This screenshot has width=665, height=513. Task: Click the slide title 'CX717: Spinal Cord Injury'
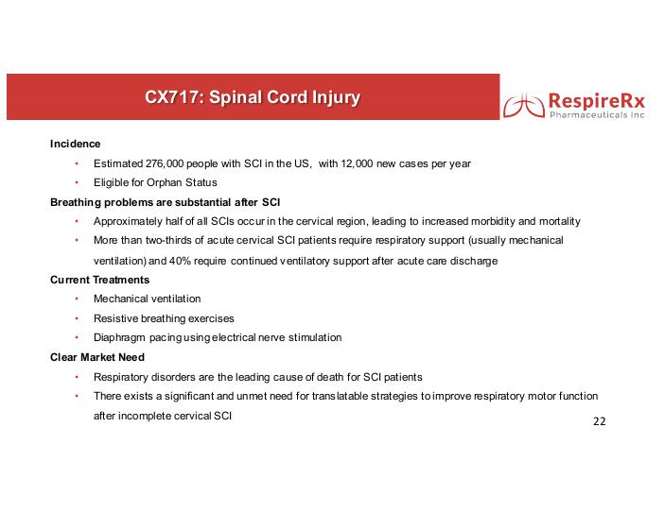253,97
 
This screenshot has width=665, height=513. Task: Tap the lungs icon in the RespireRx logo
524,105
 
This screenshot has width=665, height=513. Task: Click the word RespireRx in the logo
597,101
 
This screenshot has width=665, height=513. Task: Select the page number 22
600,421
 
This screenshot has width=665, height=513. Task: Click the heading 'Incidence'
75,144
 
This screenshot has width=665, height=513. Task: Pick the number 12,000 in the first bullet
357,163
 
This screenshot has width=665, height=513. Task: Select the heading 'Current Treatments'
99,280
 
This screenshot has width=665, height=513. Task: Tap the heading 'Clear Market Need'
97,357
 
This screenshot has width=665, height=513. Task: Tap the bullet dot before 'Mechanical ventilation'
77,299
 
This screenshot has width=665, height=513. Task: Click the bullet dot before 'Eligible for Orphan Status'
77,182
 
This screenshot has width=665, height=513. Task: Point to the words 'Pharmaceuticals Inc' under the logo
597,115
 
